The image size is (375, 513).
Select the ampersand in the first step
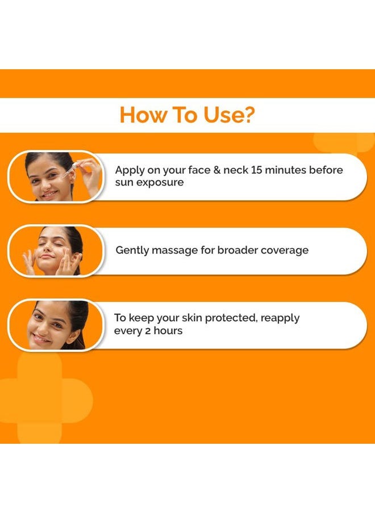tap(213, 170)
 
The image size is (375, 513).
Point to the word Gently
tap(132, 250)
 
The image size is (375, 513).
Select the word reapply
tap(280, 318)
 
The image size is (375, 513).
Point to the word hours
tap(168, 330)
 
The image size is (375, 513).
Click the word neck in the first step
tap(233, 170)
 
